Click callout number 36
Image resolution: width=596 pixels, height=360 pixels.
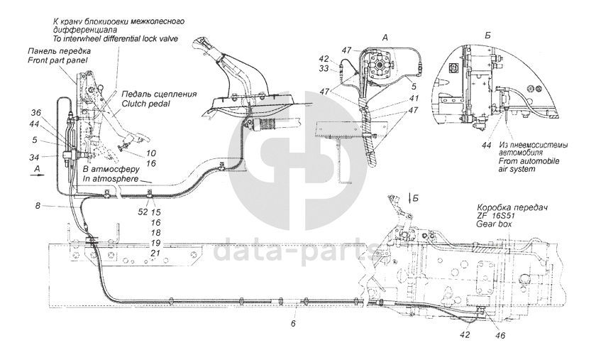coord(36,112)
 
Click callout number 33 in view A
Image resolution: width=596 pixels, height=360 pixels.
coord(324,69)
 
